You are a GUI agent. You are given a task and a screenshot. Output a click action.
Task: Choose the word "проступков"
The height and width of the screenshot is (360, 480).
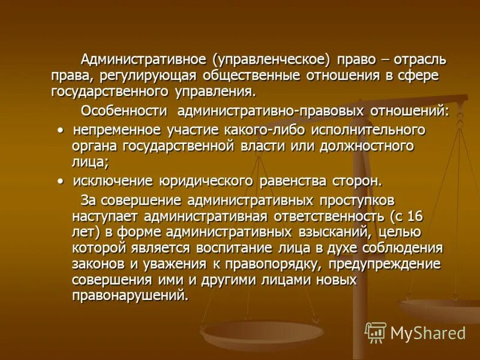coord(349,200)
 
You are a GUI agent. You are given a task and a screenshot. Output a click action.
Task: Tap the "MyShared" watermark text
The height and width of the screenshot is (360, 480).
coord(428,333)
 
